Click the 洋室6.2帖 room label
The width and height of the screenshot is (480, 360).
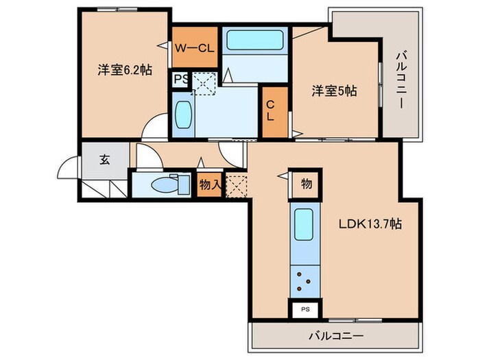pyautogui.click(x=123, y=70)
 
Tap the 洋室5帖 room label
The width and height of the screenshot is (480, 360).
pyautogui.click(x=335, y=89)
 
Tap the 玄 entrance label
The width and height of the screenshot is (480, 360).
pyautogui.click(x=105, y=160)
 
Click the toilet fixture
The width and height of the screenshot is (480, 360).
pyautogui.click(x=163, y=184)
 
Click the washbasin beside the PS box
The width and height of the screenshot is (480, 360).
pyautogui.click(x=183, y=116)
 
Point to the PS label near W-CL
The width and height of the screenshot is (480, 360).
pyautogui.click(x=179, y=79)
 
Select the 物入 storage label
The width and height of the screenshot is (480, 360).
pyautogui.click(x=209, y=184)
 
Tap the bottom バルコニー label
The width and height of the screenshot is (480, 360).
pyautogui.click(x=335, y=336)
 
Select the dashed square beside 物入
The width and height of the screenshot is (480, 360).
pyautogui.click(x=236, y=184)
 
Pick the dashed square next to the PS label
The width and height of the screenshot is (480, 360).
pyautogui.click(x=204, y=83)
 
